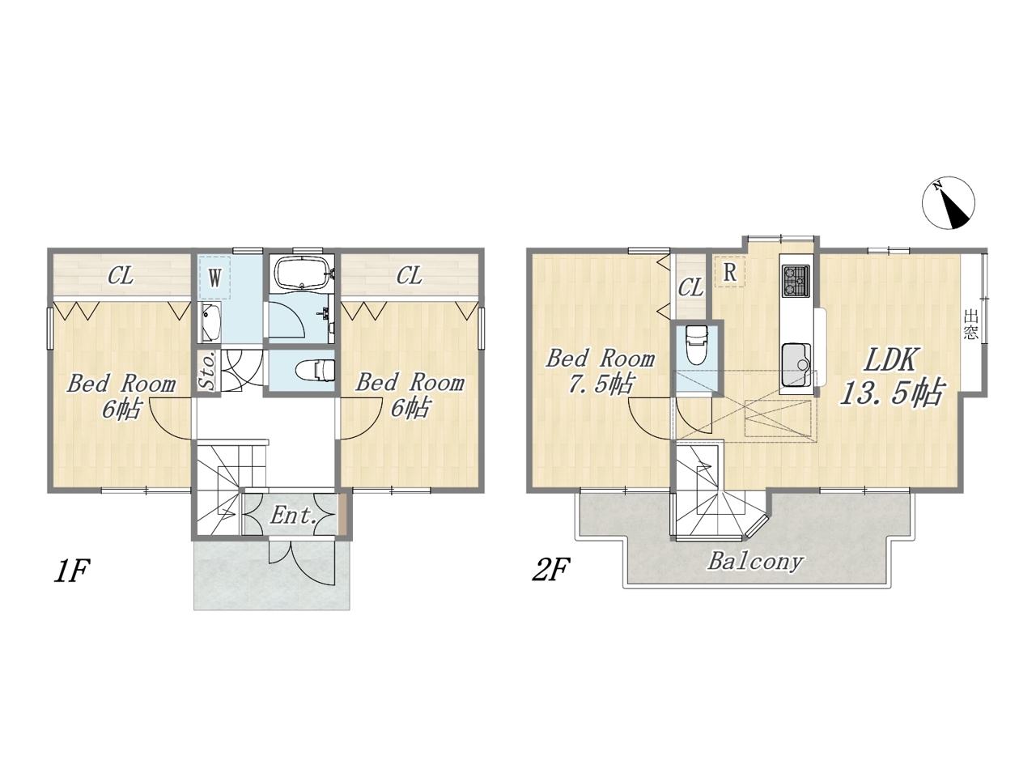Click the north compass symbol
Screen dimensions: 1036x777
949,203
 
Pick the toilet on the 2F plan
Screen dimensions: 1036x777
697,345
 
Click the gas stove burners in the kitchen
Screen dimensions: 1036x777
796,281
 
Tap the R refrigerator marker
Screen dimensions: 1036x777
730,272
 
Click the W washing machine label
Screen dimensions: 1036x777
214,278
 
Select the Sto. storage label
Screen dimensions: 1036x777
209,371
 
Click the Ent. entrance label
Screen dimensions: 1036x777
293,516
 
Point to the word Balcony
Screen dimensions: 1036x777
754,562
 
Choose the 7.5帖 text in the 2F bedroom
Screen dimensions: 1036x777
600,384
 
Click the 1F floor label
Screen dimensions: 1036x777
72,571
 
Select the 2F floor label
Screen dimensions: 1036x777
551,570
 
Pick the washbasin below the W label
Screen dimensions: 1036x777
210,322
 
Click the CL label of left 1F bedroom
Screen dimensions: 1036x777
121,275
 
